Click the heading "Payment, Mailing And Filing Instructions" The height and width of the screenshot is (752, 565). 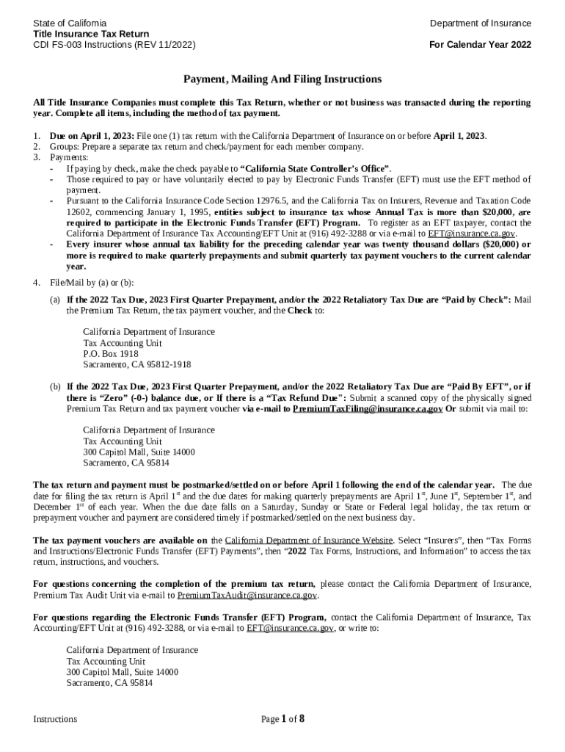(x=282, y=79)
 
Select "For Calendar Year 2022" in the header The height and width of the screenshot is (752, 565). (x=480, y=45)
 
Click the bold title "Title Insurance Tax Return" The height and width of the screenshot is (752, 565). (x=91, y=34)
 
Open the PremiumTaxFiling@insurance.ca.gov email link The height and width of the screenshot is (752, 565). (x=367, y=408)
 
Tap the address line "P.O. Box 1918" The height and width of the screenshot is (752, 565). (x=110, y=353)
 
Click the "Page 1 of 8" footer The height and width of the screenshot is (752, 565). (x=282, y=719)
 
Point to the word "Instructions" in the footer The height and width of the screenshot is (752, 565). (x=55, y=720)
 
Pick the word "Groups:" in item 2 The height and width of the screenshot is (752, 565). (x=65, y=147)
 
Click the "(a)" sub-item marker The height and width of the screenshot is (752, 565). (x=55, y=300)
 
